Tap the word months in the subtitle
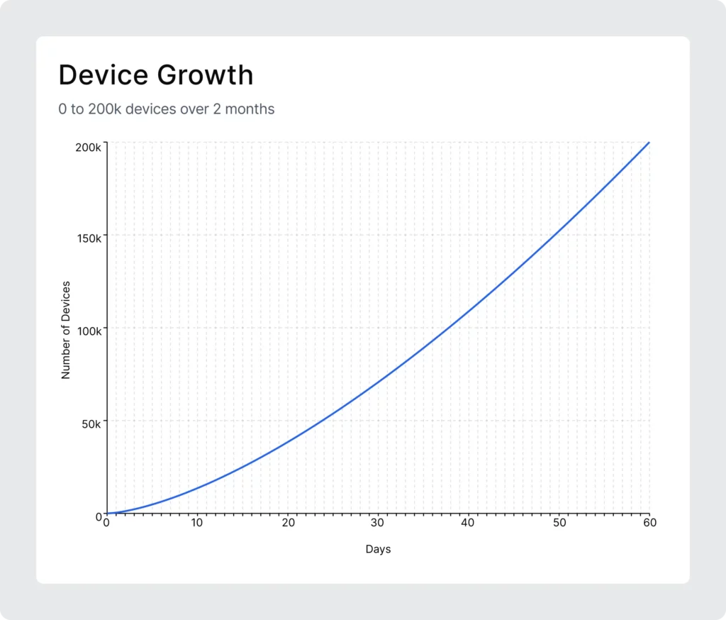[x=250, y=109]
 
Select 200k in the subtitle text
[x=105, y=109]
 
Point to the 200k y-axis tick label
[x=88, y=148]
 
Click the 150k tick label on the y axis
[x=89, y=238]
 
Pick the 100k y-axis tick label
[x=89, y=331]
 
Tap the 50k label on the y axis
[x=91, y=424]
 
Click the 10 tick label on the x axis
[x=197, y=523]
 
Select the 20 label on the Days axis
[x=288, y=523]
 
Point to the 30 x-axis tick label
[x=377, y=523]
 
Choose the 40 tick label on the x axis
[x=468, y=523]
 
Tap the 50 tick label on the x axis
[x=559, y=523]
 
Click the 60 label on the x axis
[x=649, y=523]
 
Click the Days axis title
[x=379, y=549]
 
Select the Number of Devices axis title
[x=66, y=330]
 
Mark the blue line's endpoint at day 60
[x=649, y=143]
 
